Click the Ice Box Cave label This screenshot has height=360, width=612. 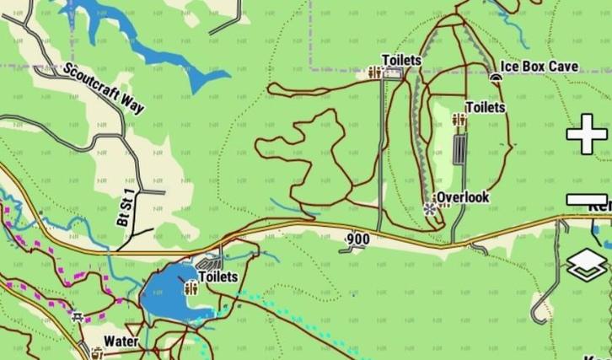pyautogui.click(x=540, y=66)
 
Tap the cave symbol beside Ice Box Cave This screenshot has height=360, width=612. pyautogui.click(x=496, y=77)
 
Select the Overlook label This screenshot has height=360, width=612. pyautogui.click(x=463, y=197)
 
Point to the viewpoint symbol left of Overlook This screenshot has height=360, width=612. pyautogui.click(x=431, y=207)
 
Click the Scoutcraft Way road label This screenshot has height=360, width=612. pyautogui.click(x=103, y=87)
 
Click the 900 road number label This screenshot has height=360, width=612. pyautogui.click(x=358, y=239)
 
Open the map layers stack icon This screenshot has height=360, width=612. pyautogui.click(x=588, y=265)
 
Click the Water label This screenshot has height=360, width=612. pyautogui.click(x=121, y=341)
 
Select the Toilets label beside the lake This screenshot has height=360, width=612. pyautogui.click(x=218, y=277)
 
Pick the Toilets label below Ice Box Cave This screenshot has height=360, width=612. pyautogui.click(x=486, y=107)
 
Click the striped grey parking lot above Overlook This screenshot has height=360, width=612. pyautogui.click(x=459, y=151)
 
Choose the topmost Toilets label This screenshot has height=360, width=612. pyautogui.click(x=401, y=60)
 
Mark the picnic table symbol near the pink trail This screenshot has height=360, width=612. pyautogui.click(x=78, y=317)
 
